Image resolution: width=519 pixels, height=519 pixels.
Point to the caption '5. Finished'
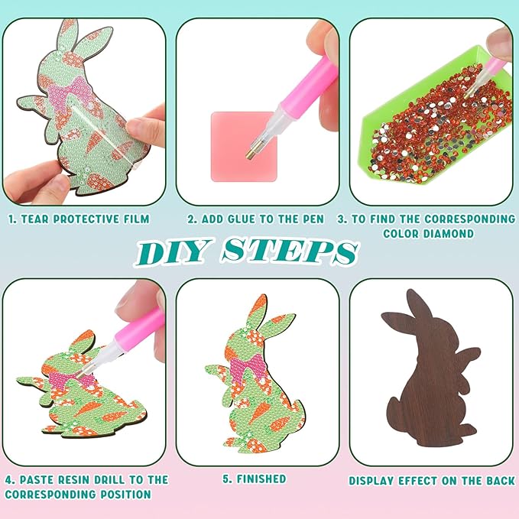tap(255, 479)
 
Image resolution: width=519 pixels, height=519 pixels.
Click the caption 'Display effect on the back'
tap(431, 481)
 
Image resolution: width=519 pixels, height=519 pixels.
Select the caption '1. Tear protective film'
tap(79, 219)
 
